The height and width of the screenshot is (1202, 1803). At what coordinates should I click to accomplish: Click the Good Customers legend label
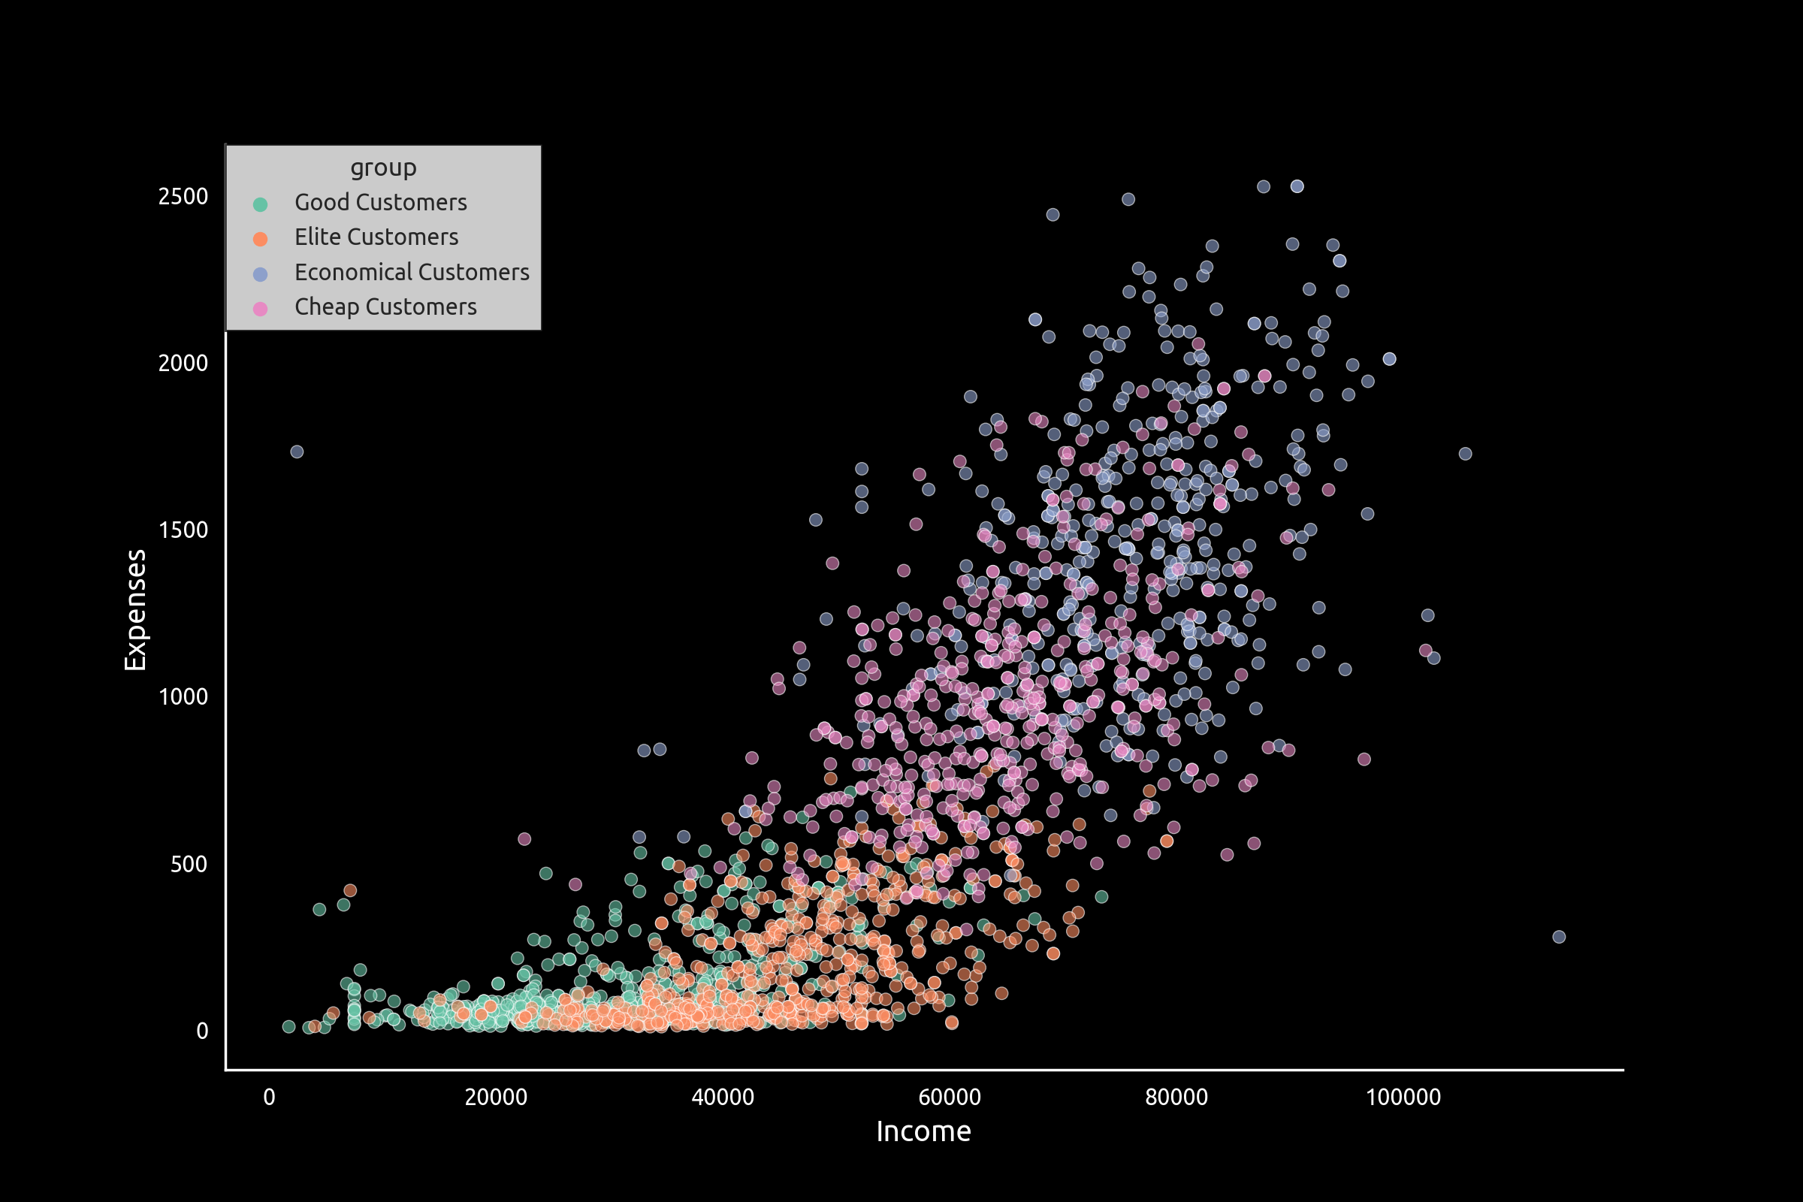pos(380,202)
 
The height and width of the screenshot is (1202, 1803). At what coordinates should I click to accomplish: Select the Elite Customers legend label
pos(376,237)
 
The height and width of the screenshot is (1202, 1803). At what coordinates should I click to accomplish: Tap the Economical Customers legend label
pos(412,272)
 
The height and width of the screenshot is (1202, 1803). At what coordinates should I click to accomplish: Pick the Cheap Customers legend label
pos(385,307)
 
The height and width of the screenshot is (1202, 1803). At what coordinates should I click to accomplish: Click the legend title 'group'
pos(383,167)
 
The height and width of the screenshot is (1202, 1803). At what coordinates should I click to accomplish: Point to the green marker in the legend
pos(261,204)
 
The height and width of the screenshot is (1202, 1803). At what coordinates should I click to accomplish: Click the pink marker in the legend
pos(261,309)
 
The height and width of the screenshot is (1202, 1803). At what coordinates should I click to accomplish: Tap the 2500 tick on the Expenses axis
pos(183,197)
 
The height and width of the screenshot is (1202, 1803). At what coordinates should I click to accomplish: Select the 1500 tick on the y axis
pos(183,530)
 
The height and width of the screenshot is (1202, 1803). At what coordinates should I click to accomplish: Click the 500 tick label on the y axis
pos(189,865)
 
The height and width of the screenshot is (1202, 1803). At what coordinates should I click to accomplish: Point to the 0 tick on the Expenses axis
pos(202,1031)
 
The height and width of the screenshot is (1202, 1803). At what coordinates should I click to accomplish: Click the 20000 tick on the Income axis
pos(496,1097)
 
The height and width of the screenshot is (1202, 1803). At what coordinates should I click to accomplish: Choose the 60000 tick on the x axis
pos(950,1097)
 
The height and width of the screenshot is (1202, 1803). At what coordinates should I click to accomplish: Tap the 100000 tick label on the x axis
pos(1403,1097)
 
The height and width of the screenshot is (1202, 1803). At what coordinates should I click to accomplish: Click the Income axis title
pos(924,1132)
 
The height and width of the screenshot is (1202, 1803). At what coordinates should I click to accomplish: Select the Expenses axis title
pos(136,610)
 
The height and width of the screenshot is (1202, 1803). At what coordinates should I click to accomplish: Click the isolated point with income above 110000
pos(1558,937)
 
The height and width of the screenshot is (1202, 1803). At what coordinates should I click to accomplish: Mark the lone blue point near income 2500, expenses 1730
pos(297,452)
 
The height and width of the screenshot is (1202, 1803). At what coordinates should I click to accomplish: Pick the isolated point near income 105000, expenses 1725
pos(1465,454)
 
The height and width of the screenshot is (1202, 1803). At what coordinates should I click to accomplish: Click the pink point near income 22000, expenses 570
pos(524,839)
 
